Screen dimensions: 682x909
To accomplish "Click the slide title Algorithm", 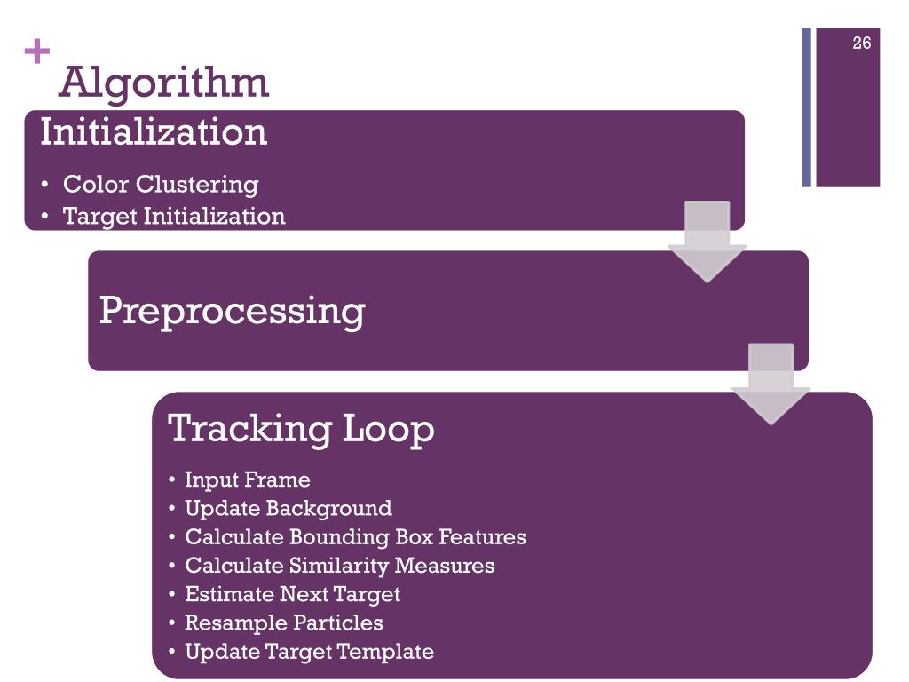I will click(x=163, y=83).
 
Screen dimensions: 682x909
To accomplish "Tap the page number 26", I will click(x=861, y=43).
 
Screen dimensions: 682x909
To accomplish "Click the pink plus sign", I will click(x=37, y=53).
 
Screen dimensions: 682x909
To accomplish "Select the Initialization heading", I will click(x=154, y=132).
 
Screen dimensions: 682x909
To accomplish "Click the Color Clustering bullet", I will click(x=160, y=185).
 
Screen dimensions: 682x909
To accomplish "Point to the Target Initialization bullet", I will click(x=174, y=216).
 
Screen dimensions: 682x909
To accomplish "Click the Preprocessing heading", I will click(x=232, y=311).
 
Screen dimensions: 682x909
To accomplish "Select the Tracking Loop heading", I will click(x=301, y=428).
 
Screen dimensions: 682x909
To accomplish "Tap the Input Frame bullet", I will click(x=247, y=480).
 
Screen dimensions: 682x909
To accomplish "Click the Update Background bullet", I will click(x=288, y=509).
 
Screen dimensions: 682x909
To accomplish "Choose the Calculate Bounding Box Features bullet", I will click(x=355, y=537).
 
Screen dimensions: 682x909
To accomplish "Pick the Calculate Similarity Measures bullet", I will click(x=339, y=566).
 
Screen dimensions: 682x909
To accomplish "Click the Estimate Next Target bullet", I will click(x=292, y=594).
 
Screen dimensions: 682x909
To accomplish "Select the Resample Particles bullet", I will click(x=283, y=623).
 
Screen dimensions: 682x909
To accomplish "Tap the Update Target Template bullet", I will click(x=309, y=652).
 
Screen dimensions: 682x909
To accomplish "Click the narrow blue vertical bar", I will click(x=807, y=107).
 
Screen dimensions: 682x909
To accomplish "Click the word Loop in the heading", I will click(x=389, y=428).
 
